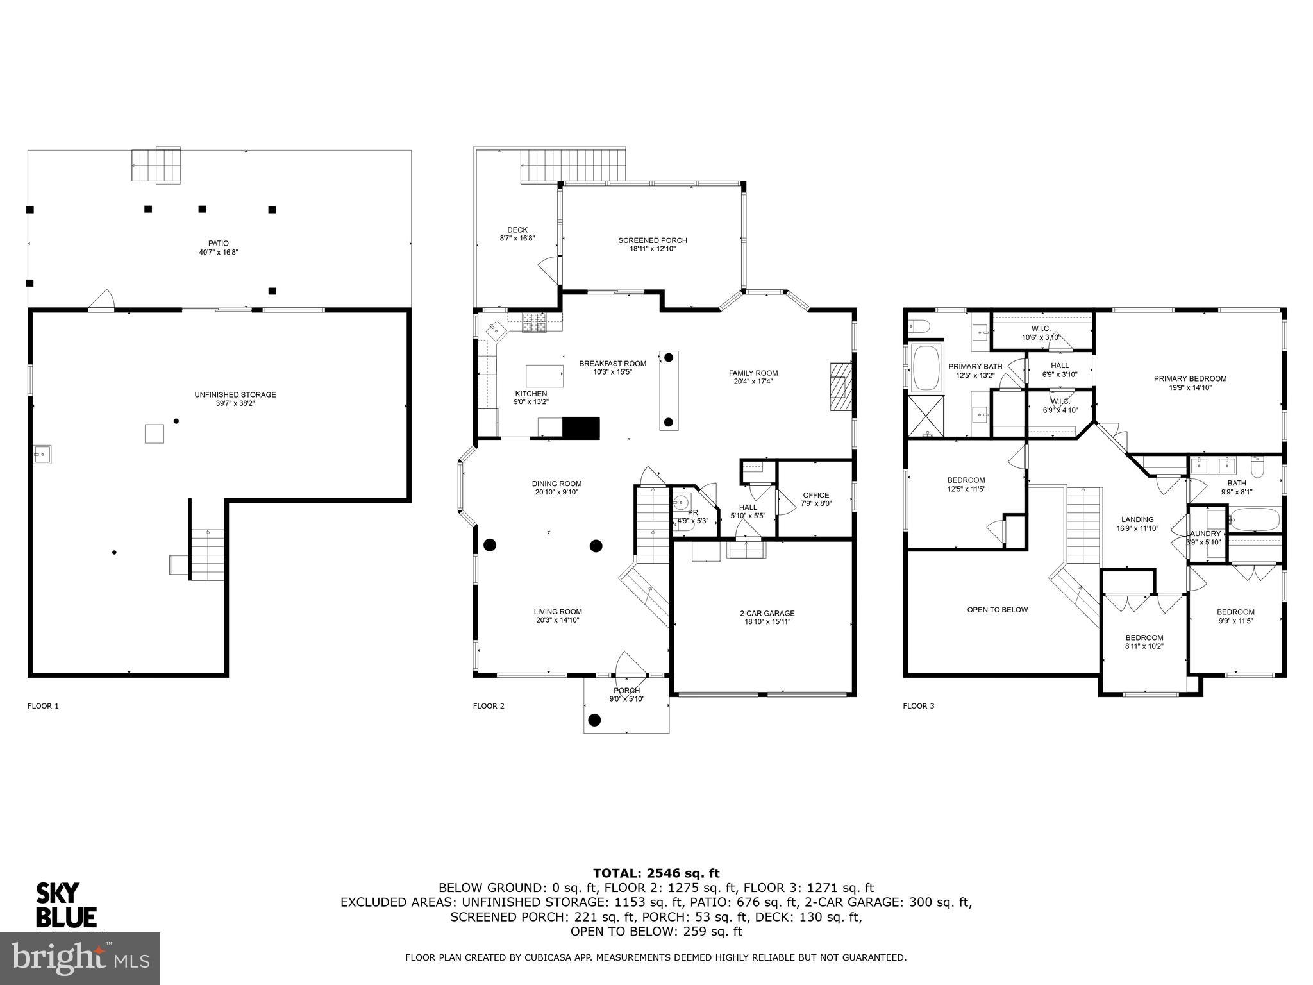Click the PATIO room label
coord(218,244)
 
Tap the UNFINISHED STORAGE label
coord(235,394)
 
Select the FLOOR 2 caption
coord(489,706)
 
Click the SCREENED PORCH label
coord(652,240)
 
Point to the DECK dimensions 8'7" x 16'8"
coord(517,238)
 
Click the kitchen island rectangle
coord(544,376)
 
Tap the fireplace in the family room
coord(840,387)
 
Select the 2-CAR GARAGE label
coord(767,613)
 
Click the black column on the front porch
coord(594,720)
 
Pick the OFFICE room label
coord(815,495)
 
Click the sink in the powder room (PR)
coord(681,501)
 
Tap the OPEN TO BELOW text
coord(997,610)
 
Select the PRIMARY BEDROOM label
coord(1190,378)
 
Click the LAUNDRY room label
coord(1203,534)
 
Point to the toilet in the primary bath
coord(919,326)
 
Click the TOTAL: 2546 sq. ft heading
coord(656,873)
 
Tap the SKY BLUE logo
coord(65,905)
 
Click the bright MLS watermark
coord(80,959)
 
